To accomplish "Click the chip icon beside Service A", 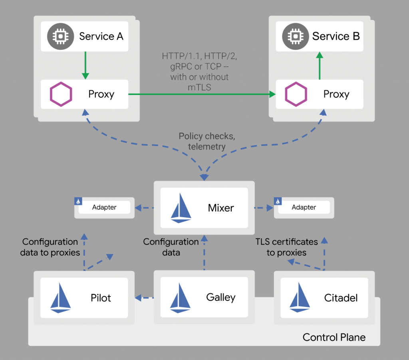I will coord(59,36).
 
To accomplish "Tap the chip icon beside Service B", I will coord(294,36).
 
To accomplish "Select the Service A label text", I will coord(101,36).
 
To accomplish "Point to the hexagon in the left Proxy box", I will coord(61,95).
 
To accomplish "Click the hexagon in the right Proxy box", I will coord(296,95).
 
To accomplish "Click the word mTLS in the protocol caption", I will coord(200,87).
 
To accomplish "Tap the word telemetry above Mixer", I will coord(206,146).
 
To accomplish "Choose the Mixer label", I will coord(221,208).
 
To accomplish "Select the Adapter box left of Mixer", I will coord(104,207).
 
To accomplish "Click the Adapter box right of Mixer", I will coord(304,207).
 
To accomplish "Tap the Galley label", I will coord(221,297).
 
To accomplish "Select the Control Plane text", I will coord(334,337).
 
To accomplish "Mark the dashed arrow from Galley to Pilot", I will coord(145,297).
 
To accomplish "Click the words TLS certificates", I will coord(286,241).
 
